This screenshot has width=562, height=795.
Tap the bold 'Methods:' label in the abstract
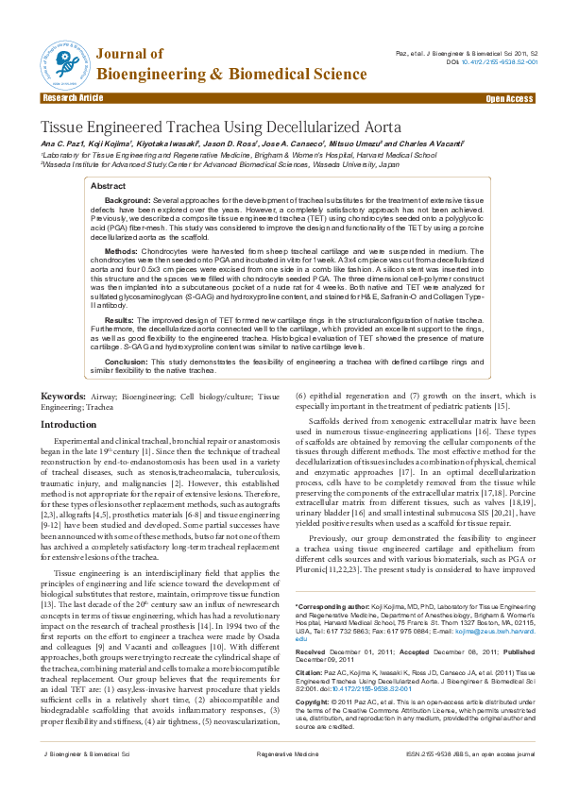click(x=121, y=252)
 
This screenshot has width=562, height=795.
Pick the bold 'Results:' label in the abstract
click(x=120, y=320)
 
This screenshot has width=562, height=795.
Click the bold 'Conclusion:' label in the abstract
click(x=126, y=361)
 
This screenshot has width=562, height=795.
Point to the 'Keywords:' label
click(x=64, y=397)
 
